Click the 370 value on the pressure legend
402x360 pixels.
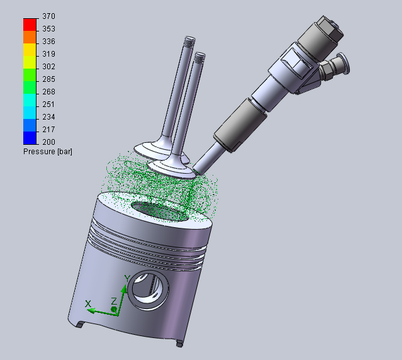point(48,16)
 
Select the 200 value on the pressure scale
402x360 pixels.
point(48,142)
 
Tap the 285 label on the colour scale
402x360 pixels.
point(48,79)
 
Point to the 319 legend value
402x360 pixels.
point(48,54)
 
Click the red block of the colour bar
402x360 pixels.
point(30,25)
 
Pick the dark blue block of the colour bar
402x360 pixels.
point(30,138)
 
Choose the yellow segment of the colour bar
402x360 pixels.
point(30,50)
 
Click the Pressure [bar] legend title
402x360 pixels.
point(48,152)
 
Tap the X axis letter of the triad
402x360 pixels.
point(88,304)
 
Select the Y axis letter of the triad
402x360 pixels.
point(128,278)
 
